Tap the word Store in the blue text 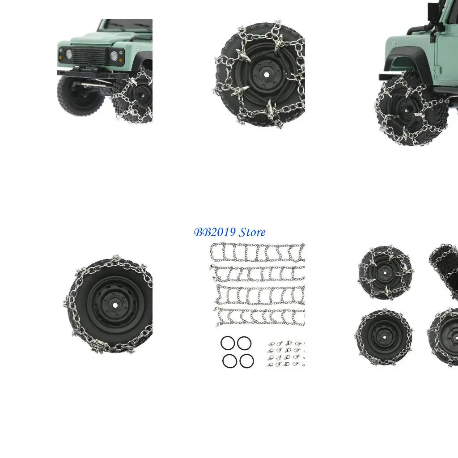(x=252, y=233)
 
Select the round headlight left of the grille (x=69, y=54)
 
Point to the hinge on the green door (x=436, y=72)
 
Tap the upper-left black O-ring (x=228, y=343)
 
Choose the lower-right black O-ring (x=246, y=360)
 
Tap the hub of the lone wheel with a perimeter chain (x=114, y=304)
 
